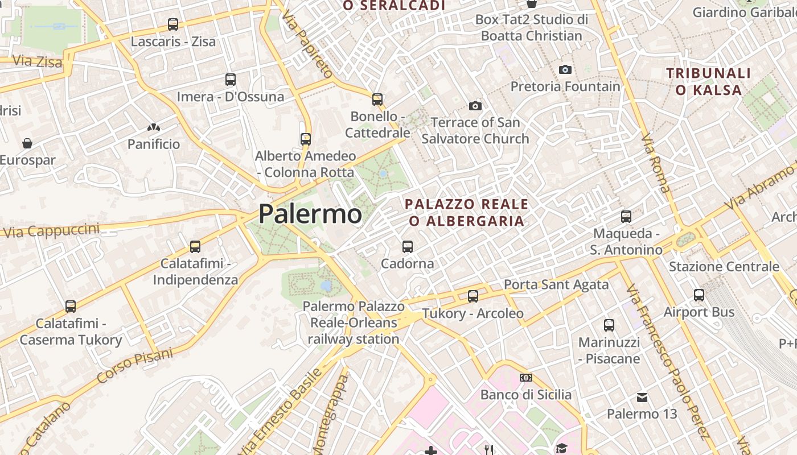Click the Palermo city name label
pos(310,214)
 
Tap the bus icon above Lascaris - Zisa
pos(173,24)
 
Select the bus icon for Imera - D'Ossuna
pos(231,80)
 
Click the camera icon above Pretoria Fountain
pos(565,69)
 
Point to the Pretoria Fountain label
pos(565,86)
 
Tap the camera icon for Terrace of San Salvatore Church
pos(475,106)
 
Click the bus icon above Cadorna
pos(408,246)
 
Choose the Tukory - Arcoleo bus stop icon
pos(473,296)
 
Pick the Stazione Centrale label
pos(724,267)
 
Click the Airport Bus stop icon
pos(699,295)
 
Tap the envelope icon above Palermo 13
pos(642,397)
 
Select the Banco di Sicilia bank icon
pos(526,378)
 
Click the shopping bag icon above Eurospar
pos(27,143)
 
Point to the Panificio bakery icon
pos(153,127)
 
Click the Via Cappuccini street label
pos(52,231)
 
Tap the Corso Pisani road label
pos(134,365)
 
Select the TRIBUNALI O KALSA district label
pos(709,81)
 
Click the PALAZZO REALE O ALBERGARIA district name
pos(466,212)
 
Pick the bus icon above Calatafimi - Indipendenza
pos(195,246)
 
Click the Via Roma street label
pos(656,163)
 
